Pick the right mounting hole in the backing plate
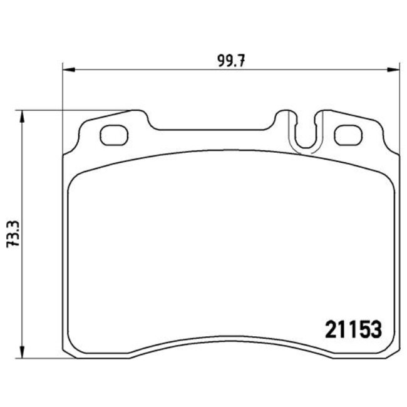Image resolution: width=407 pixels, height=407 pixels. pos(347,135)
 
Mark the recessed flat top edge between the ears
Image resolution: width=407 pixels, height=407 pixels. pos(213,130)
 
